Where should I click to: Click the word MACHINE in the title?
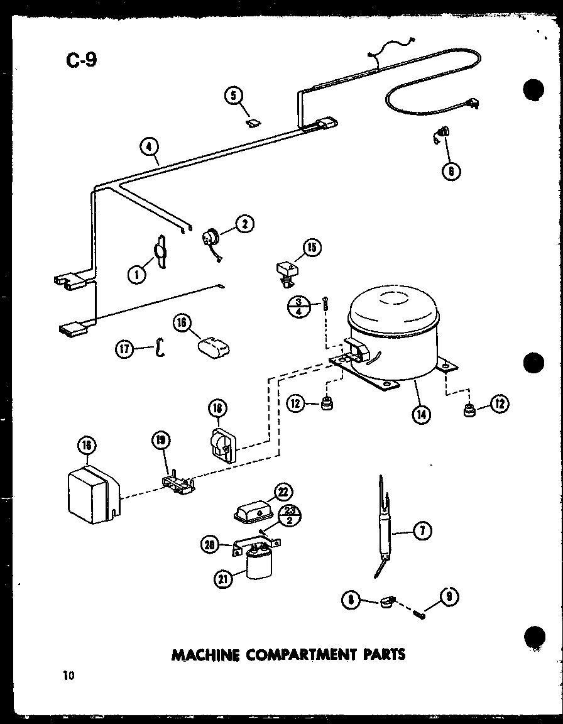pyautogui.click(x=205, y=654)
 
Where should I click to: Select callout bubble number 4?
pyautogui.click(x=148, y=148)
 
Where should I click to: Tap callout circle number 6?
pyautogui.click(x=451, y=170)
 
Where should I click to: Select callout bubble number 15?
pyautogui.click(x=311, y=248)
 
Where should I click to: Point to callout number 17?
pyautogui.click(x=124, y=348)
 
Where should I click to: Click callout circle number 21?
pyautogui.click(x=222, y=579)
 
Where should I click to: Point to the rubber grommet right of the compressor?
pyautogui.click(x=468, y=412)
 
